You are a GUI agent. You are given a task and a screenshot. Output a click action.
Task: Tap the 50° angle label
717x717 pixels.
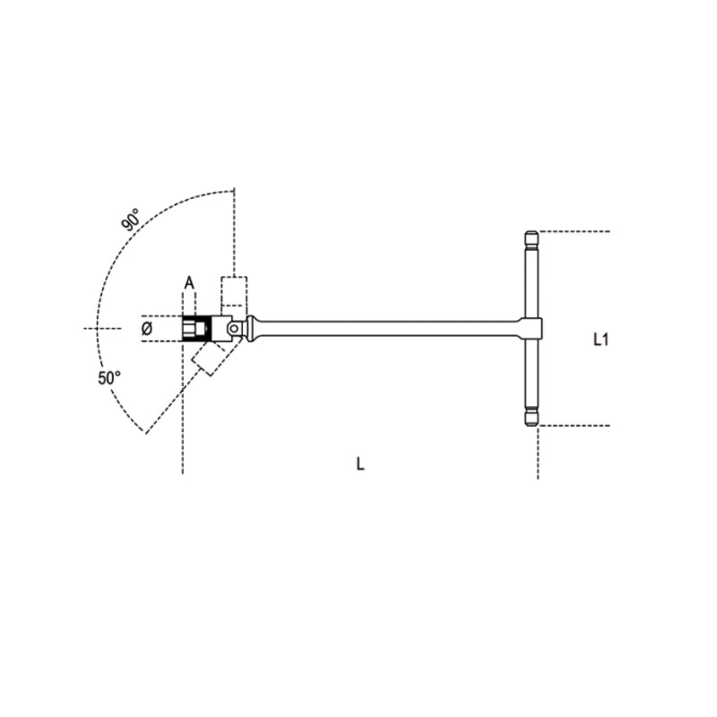(x=109, y=378)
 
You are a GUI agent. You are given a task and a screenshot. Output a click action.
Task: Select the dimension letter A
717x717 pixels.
(x=189, y=283)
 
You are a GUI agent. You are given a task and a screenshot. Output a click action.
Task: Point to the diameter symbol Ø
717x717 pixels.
(x=148, y=330)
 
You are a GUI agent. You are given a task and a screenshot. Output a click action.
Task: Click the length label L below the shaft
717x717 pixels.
(x=359, y=464)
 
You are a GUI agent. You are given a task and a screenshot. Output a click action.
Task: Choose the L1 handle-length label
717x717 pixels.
(x=601, y=339)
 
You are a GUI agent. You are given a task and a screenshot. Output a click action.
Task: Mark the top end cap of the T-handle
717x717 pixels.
(x=530, y=239)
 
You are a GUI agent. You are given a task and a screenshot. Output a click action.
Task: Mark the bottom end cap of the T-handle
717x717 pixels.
(x=530, y=417)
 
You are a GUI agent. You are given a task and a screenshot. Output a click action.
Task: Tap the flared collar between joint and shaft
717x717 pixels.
(x=255, y=328)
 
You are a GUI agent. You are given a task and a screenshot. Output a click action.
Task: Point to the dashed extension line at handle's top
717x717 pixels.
(x=574, y=231)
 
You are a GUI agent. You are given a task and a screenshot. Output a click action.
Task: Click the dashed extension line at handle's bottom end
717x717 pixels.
(x=574, y=426)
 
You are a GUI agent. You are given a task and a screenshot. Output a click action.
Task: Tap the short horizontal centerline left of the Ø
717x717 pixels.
(x=104, y=329)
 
